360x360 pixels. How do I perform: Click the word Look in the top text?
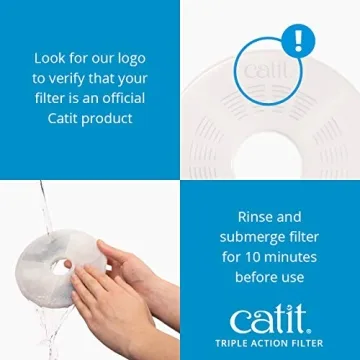[53, 55]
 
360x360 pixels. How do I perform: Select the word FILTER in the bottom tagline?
[308, 342]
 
